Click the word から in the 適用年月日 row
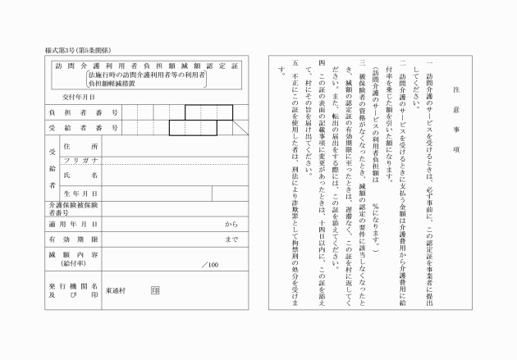click(231, 223)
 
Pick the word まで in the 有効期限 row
click(231, 239)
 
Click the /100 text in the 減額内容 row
click(210, 264)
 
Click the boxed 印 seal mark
click(156, 289)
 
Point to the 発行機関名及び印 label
click(74, 289)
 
